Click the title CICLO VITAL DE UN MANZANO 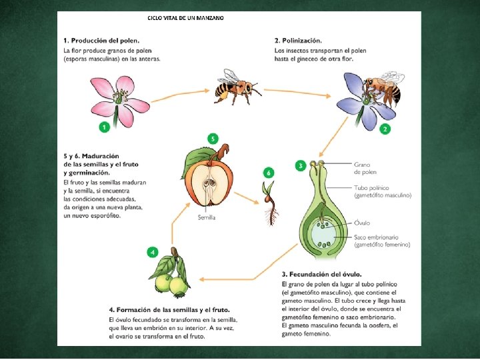185,17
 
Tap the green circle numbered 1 103,126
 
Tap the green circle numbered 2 385,129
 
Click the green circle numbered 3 301,165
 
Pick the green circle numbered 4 153,252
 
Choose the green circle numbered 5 213,139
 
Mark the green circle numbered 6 268,173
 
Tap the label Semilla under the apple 207,218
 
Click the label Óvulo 363,223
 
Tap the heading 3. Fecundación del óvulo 321,274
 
